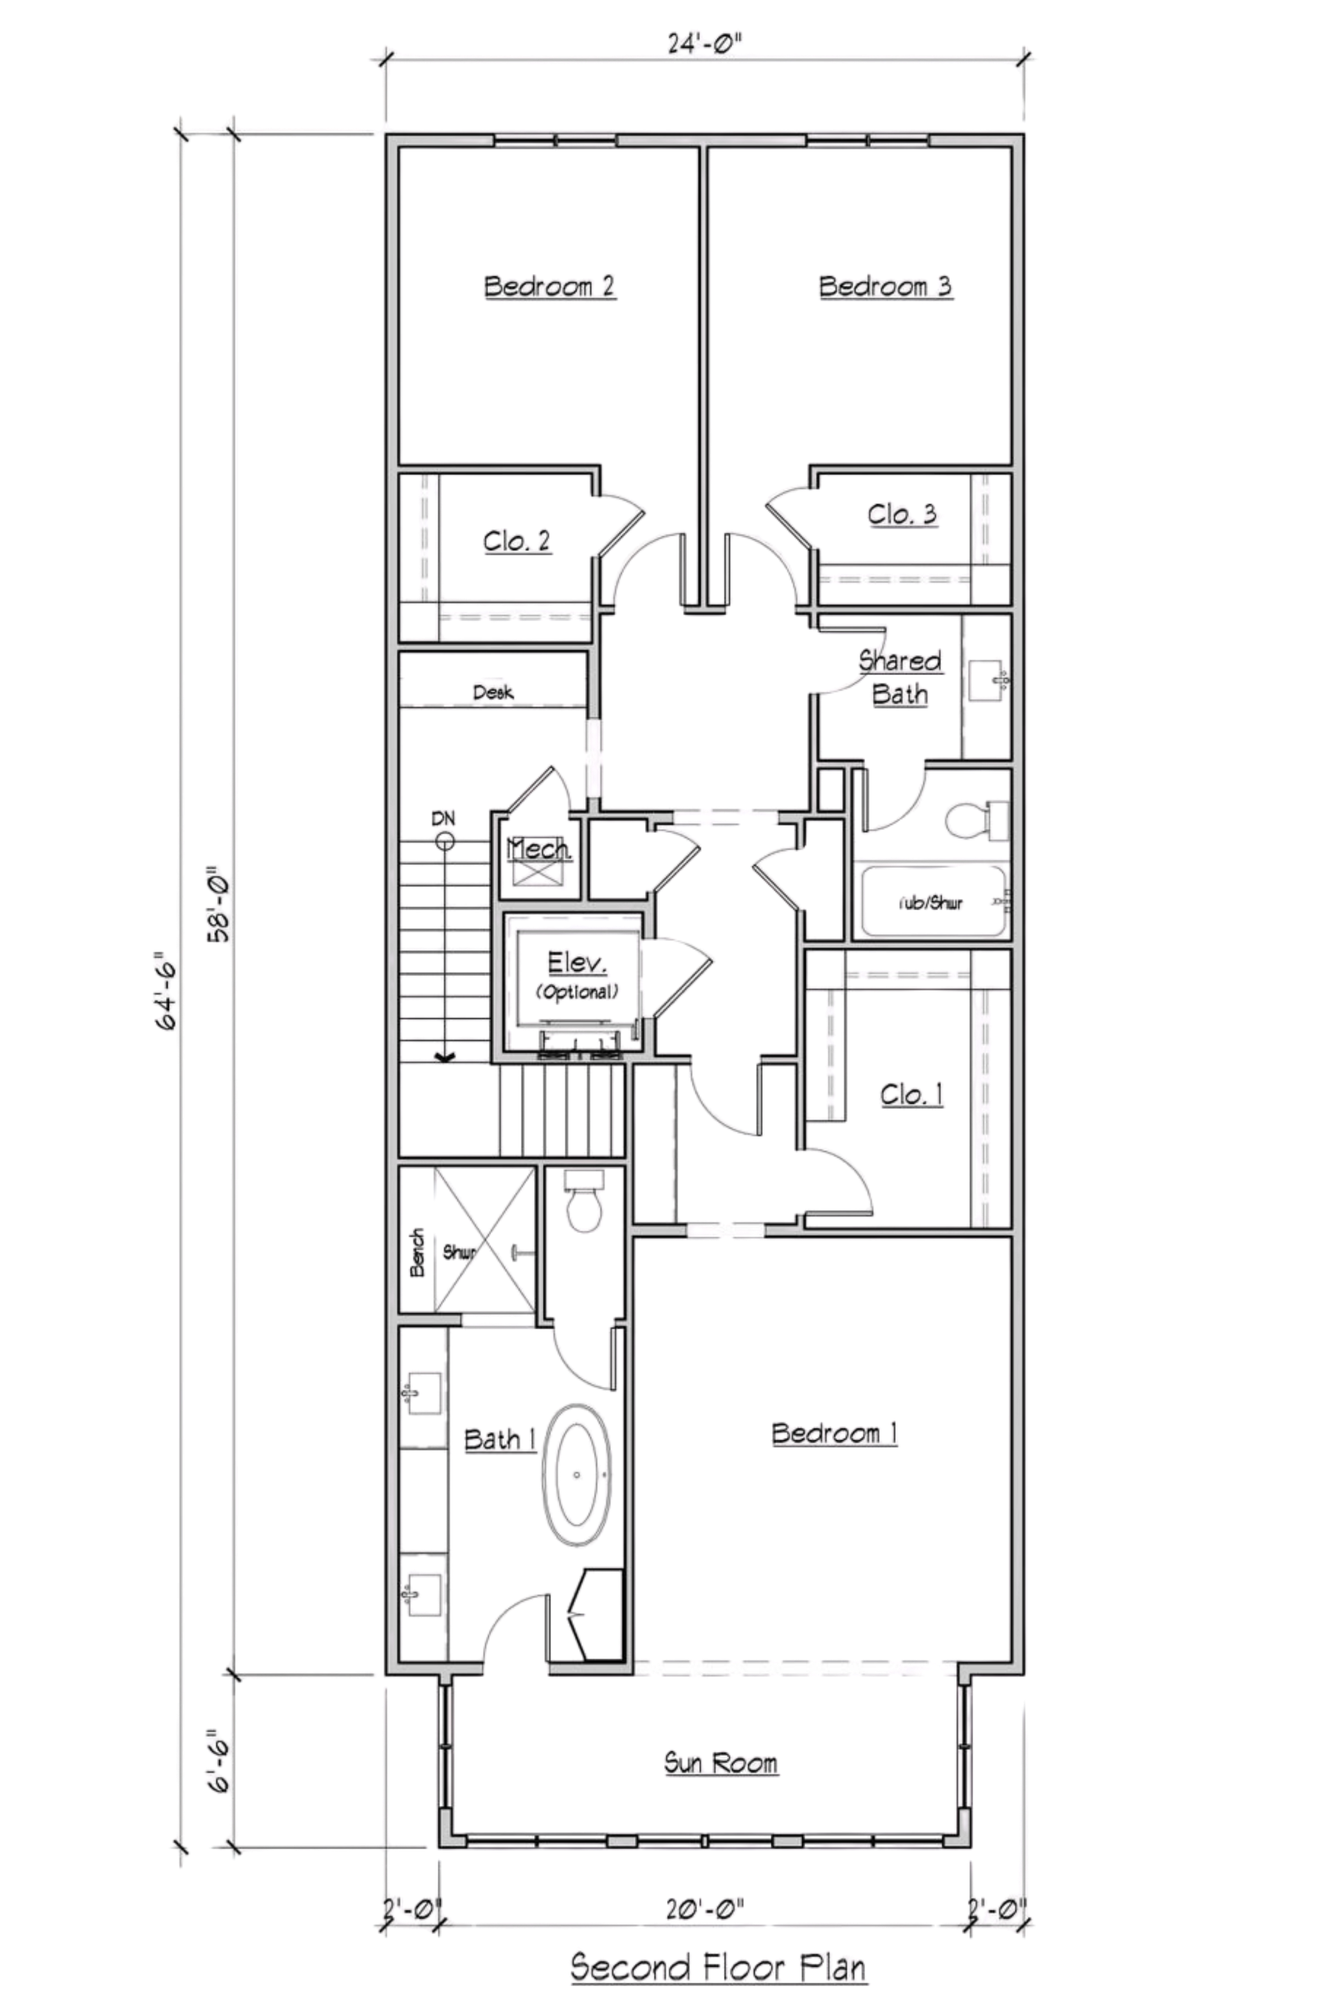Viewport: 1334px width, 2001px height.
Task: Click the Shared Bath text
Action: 900,678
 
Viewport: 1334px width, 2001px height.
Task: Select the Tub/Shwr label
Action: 931,903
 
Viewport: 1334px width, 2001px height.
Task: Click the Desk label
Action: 493,693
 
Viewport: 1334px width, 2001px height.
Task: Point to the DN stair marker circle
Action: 444,841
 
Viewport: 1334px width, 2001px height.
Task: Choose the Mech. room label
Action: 539,849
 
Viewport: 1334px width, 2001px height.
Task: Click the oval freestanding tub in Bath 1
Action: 578,1475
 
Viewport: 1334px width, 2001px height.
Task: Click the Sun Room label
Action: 720,1763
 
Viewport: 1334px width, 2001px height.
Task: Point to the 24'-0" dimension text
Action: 705,44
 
